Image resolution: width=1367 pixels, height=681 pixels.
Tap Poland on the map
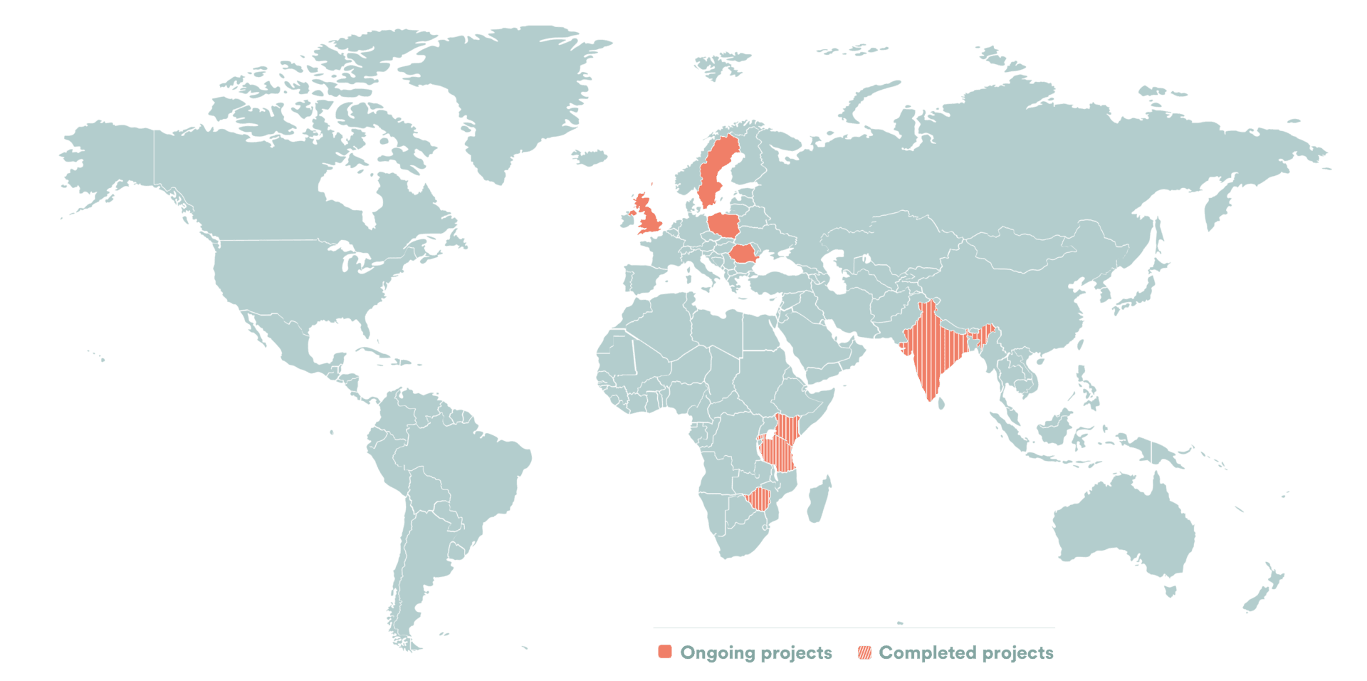point(725,225)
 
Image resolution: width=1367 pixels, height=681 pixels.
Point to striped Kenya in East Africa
point(787,427)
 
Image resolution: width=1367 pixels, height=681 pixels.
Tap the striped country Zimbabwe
point(759,499)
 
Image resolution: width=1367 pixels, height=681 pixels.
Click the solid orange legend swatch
point(665,652)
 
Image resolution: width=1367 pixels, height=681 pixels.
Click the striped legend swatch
point(864,653)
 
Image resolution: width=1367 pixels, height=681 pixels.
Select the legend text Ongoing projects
point(756,653)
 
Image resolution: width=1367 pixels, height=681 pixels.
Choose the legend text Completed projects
point(966,653)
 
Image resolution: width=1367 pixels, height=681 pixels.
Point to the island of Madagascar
point(819,499)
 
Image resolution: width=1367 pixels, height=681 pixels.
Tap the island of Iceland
point(590,157)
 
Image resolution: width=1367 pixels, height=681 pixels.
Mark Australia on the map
point(1125,527)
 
